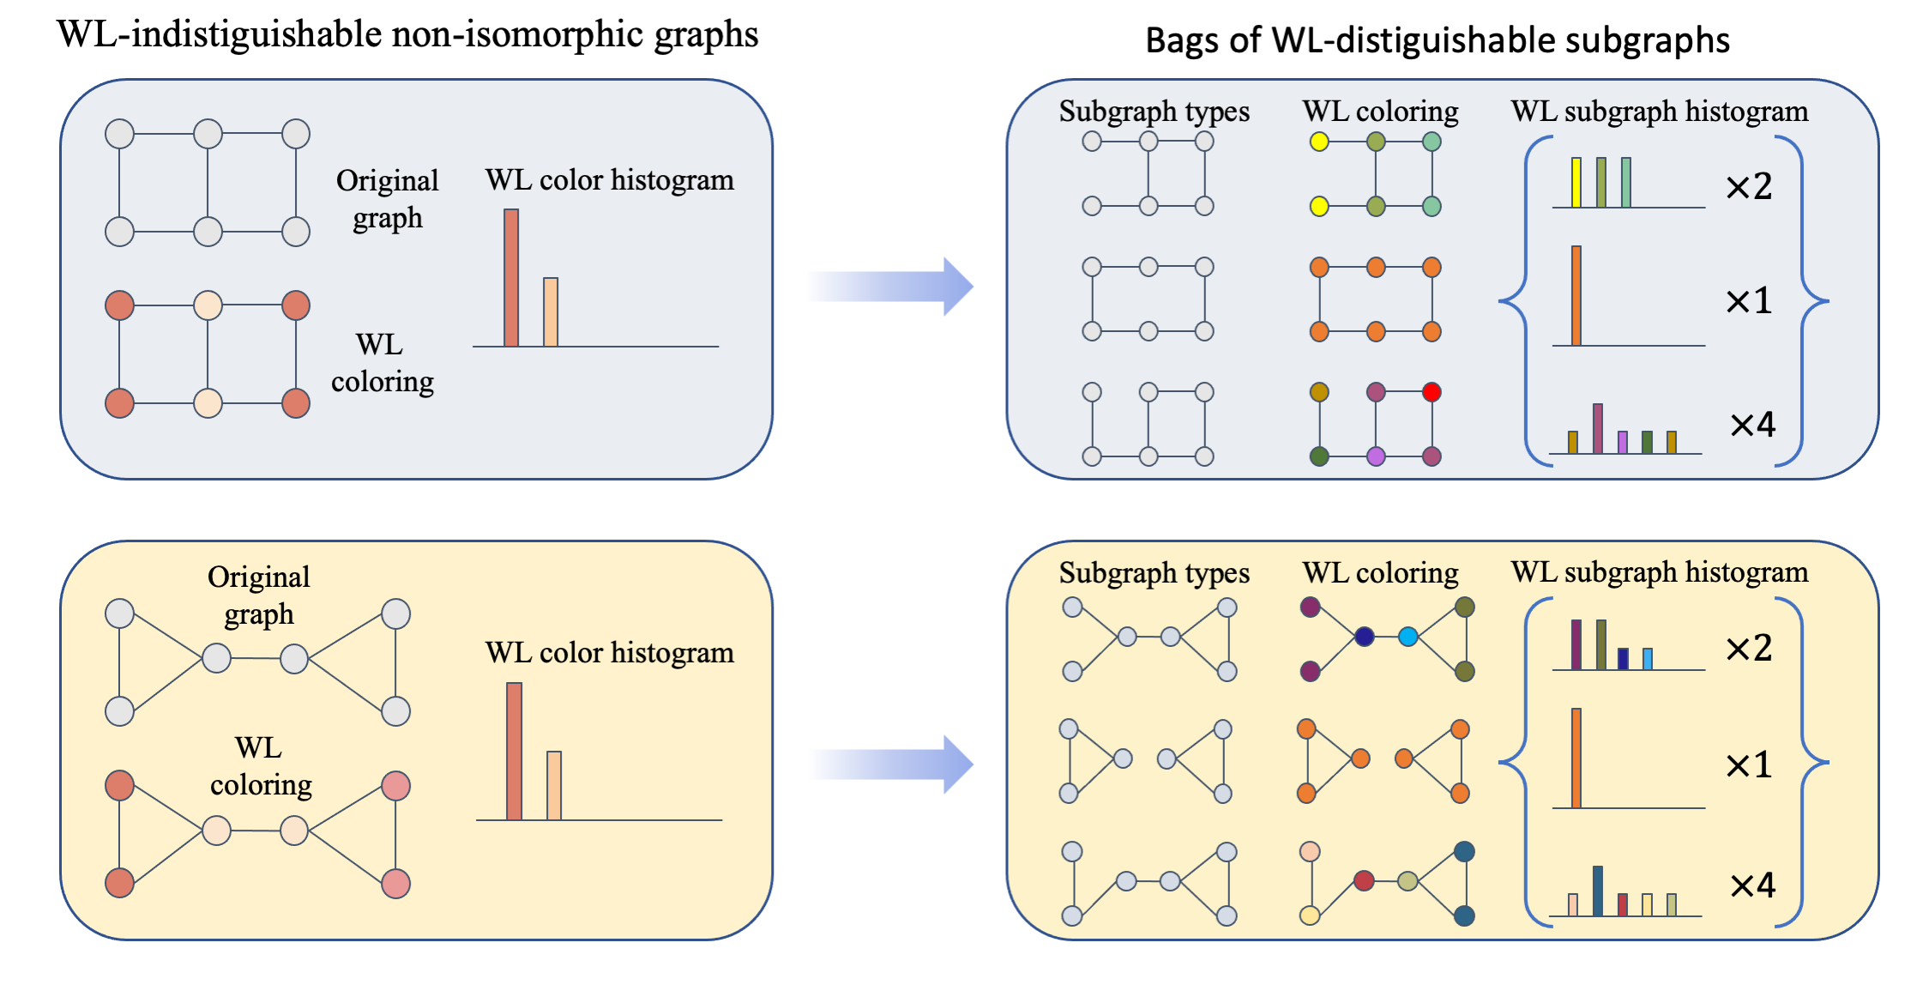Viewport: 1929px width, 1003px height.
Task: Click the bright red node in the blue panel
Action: (1431, 392)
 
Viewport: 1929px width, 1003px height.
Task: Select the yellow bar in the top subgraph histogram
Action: (1576, 182)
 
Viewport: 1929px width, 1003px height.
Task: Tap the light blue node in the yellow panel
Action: (1408, 637)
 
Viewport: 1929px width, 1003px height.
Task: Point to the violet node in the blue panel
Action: (1376, 456)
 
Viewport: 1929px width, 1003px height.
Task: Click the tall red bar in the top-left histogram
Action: (511, 278)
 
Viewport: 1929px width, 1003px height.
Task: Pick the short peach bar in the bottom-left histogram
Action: (554, 786)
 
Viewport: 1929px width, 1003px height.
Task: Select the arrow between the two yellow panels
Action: (892, 764)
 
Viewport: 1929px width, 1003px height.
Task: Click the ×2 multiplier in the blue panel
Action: (1749, 186)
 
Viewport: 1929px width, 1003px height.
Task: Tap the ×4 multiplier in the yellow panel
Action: (1752, 885)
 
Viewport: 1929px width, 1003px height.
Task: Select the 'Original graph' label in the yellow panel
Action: (259, 595)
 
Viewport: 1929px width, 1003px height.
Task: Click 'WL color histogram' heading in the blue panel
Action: (610, 179)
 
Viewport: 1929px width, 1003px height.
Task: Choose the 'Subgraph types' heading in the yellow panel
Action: (1154, 573)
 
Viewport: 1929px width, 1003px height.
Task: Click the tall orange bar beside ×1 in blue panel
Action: (1576, 296)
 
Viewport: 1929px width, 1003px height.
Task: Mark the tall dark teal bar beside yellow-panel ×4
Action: (1597, 891)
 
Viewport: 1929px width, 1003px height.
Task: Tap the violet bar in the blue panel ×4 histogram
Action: (1622, 443)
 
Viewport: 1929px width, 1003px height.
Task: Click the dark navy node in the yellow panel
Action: (1364, 637)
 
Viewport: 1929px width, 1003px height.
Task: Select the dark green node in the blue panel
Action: (1319, 456)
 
